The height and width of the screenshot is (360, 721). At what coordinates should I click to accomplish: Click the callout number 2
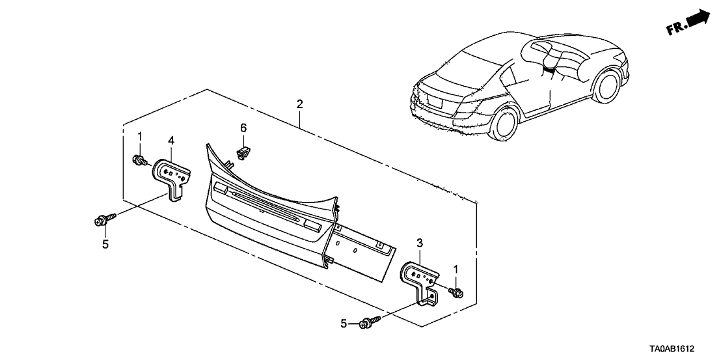pos(299,104)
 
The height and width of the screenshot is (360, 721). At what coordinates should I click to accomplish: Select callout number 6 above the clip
pos(243,128)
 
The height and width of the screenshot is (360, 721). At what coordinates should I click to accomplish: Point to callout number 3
pos(420,243)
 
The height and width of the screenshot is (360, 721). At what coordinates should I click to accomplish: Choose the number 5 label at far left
pos(103,244)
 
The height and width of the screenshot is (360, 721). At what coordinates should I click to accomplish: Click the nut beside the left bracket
pos(139,160)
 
